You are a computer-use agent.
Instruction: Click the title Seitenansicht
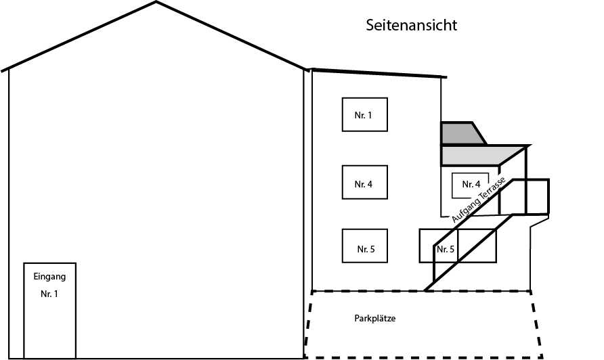412,26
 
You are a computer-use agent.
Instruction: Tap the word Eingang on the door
49,276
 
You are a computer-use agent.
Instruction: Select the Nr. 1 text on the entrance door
49,294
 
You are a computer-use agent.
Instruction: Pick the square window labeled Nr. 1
365,114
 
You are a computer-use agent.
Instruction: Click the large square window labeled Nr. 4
365,182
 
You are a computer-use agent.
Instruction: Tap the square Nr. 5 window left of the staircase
366,246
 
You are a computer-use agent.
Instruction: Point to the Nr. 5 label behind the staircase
446,250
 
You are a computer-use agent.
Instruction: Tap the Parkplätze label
374,317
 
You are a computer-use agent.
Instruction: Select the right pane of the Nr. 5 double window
477,246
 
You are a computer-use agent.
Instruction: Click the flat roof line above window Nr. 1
376,73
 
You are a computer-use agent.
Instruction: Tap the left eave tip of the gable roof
4,70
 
